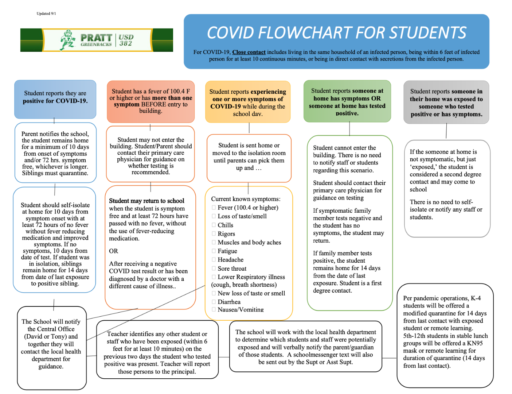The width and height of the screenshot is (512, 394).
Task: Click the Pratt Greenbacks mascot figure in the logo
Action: pos(68,40)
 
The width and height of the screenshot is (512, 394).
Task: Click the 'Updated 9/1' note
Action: pos(46,13)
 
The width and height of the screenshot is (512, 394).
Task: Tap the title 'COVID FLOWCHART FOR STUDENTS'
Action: pos(336,33)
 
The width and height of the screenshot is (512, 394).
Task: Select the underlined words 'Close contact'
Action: pos(249,52)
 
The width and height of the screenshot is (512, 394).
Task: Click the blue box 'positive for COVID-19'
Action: pos(55,99)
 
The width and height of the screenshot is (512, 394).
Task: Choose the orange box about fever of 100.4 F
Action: pos(151,101)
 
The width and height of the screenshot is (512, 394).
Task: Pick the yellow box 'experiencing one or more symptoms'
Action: pos(248,102)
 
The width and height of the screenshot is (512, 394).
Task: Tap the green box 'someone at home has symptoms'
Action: pos(347,101)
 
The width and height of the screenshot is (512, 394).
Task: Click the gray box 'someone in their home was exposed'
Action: pos(446,102)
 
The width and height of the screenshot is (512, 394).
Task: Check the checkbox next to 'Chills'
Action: pos(214,225)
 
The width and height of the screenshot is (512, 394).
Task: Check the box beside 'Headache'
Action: pos(214,260)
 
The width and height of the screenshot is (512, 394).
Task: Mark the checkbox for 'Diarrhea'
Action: pos(214,302)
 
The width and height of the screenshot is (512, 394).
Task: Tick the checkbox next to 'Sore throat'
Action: pos(214,269)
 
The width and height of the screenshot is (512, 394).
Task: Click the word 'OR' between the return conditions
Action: pos(113,251)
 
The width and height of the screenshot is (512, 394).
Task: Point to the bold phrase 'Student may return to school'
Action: pos(146,201)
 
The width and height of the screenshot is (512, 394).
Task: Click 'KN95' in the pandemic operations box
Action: pos(475,343)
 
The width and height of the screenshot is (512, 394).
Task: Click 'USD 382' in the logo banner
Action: pos(126,40)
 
